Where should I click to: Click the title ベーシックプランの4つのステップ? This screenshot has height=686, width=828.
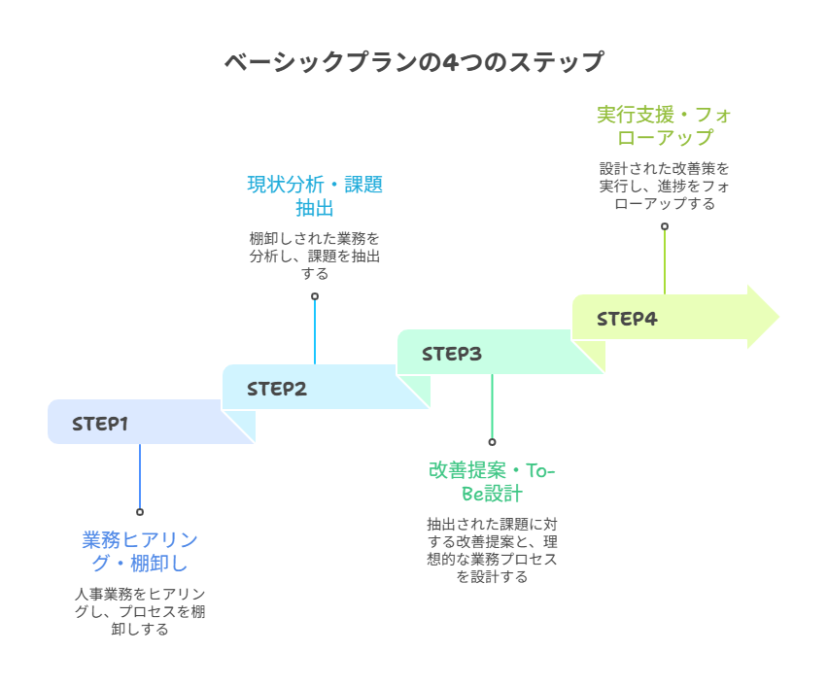click(414, 62)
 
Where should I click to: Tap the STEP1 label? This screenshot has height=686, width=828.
click(100, 424)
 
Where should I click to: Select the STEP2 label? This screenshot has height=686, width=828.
click(276, 389)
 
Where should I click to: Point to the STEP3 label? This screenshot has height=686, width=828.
click(451, 354)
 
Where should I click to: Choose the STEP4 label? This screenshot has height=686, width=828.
click(627, 319)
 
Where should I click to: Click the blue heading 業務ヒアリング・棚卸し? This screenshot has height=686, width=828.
click(140, 551)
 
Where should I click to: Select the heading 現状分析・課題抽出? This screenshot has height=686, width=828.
click(315, 195)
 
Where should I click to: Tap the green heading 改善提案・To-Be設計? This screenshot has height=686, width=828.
click(492, 481)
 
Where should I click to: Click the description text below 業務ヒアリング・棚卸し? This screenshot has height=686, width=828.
click(140, 611)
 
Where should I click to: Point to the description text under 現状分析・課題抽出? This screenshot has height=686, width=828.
click(315, 256)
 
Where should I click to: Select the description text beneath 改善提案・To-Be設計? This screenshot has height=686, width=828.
click(492, 549)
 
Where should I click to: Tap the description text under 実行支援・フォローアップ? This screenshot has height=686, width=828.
click(665, 186)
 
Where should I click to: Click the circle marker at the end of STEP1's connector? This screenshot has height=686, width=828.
click(140, 511)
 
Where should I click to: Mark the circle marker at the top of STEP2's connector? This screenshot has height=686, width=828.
click(315, 296)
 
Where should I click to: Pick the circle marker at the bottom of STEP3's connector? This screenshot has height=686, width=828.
click(492, 441)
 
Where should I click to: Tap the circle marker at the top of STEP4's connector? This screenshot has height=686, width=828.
click(665, 226)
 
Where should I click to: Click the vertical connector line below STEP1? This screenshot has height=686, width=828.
click(140, 476)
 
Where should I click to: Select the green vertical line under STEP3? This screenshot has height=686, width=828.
click(492, 406)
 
